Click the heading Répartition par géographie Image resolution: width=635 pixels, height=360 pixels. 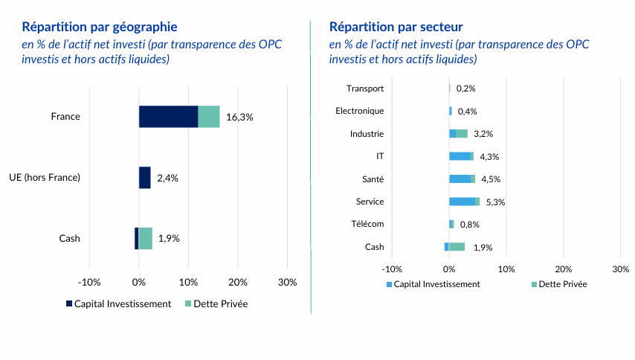click(x=100, y=28)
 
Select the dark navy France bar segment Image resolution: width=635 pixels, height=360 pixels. click(x=168, y=117)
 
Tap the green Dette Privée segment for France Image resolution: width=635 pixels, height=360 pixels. click(x=209, y=117)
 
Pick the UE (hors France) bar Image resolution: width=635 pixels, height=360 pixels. click(x=144, y=178)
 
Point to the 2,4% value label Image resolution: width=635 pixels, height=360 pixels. click(x=167, y=178)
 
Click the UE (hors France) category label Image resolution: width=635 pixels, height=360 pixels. click(x=45, y=178)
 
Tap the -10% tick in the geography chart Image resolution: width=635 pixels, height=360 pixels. click(x=89, y=282)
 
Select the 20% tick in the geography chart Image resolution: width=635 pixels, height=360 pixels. click(x=237, y=282)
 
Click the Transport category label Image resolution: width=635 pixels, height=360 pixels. click(x=365, y=89)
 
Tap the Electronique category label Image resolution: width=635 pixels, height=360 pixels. click(x=360, y=111)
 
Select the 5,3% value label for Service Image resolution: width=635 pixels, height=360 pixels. click(x=495, y=202)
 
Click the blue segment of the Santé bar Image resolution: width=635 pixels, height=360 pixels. click(x=460, y=179)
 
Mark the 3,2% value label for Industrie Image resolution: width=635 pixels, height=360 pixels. click(x=483, y=134)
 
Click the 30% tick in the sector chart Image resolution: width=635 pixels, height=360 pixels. click(x=620, y=269)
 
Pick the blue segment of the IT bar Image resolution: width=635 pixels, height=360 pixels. click(x=460, y=156)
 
